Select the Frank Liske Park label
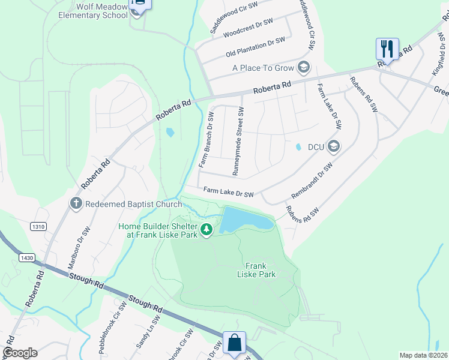tap(260, 270)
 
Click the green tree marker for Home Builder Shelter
tap(206, 230)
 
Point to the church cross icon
tap(76, 203)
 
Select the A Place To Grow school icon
tap(304, 67)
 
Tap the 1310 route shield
tap(37, 226)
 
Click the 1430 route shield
tap(26, 257)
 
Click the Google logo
tap(20, 353)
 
